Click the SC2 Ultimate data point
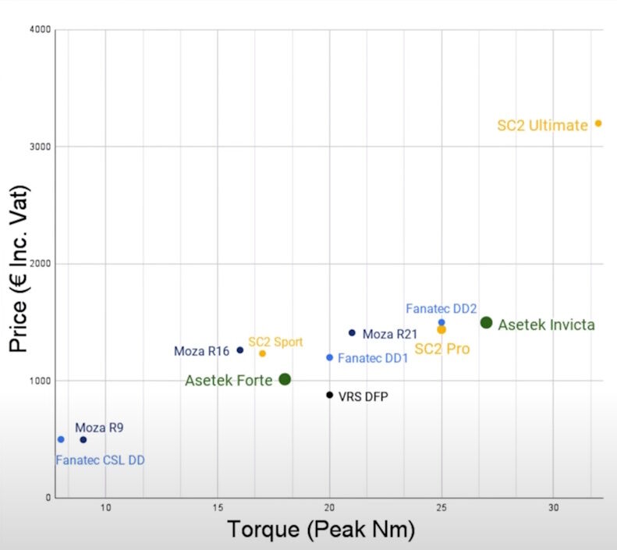tap(598, 123)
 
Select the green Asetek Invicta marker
tap(486, 322)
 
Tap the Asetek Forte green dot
tap(285, 379)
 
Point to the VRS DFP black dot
tap(330, 395)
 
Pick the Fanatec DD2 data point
tap(441, 322)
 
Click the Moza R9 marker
tap(83, 440)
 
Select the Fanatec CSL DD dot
tap(61, 439)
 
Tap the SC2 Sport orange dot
tap(263, 353)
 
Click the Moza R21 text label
tap(390, 334)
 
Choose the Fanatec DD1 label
tap(373, 358)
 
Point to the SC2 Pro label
tap(442, 349)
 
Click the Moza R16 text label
tap(201, 351)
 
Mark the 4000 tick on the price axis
tap(41, 30)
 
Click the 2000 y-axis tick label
tap(41, 264)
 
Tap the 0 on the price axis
tap(48, 498)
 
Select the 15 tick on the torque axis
tap(218, 508)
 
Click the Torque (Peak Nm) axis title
tap(321, 530)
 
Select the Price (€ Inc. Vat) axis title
tap(19, 269)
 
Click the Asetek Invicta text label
tap(546, 325)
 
